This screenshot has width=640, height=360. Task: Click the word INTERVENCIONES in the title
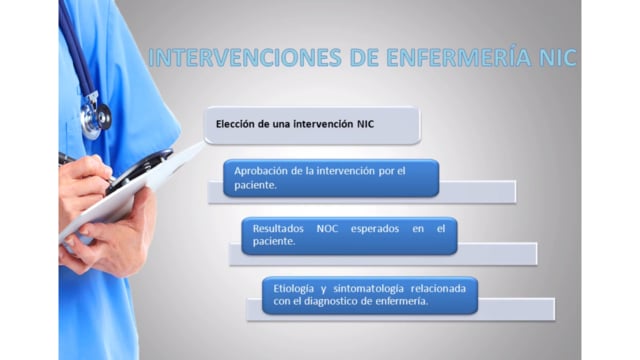pyautogui.click(x=245, y=57)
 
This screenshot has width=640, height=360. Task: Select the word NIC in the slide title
pyautogui.click(x=558, y=57)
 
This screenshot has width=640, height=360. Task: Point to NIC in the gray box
pyautogui.click(x=365, y=124)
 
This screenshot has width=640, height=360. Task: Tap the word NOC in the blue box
pyautogui.click(x=327, y=229)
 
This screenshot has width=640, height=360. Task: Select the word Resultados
pyautogui.click(x=278, y=229)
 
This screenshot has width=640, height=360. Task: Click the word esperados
pyautogui.click(x=375, y=229)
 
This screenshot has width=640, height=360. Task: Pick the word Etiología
pyautogui.click(x=293, y=289)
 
